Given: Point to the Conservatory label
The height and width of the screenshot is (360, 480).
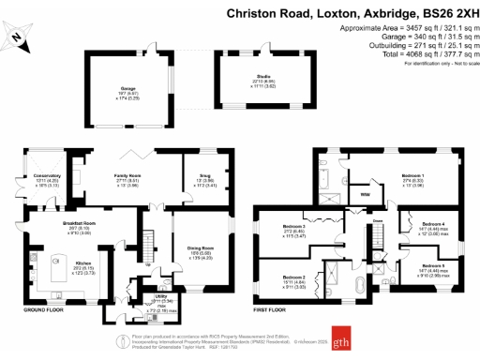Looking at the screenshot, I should pos(49,176).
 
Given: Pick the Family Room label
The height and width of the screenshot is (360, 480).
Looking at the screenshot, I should pos(127,176).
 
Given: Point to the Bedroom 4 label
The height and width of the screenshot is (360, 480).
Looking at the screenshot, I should pos(434,225).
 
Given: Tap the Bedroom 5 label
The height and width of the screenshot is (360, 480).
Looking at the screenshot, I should pos(433,267).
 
